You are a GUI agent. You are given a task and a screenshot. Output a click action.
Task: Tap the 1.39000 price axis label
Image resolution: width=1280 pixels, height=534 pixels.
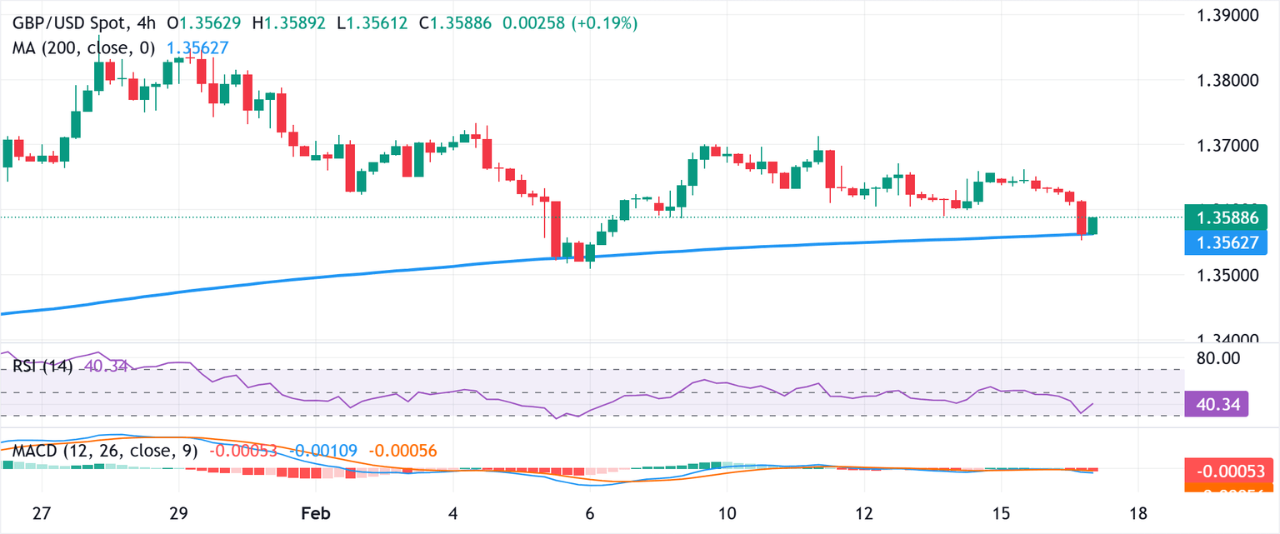pos(1230,16)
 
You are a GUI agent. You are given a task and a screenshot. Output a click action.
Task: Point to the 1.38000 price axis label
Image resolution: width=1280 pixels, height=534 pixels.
pos(1230,81)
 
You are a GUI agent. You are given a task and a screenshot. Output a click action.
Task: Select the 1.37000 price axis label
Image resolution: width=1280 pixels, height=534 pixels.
pos(1230,146)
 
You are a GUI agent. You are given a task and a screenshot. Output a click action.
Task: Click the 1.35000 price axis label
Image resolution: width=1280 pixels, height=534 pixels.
pos(1230,275)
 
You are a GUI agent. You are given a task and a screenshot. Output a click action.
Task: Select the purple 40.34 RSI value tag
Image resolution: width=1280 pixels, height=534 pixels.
pos(1216,404)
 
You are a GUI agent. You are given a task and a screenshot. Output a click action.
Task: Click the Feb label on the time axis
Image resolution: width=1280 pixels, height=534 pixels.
pos(315,513)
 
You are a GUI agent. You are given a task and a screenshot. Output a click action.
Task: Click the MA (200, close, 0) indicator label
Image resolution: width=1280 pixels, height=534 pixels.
pos(83,48)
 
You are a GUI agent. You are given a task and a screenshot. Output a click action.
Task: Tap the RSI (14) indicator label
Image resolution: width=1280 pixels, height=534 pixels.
pos(42,366)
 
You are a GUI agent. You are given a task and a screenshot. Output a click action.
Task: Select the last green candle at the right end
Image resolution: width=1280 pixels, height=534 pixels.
pos(1092,225)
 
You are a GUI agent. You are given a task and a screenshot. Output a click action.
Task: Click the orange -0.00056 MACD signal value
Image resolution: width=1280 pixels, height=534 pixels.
pos(401,451)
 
